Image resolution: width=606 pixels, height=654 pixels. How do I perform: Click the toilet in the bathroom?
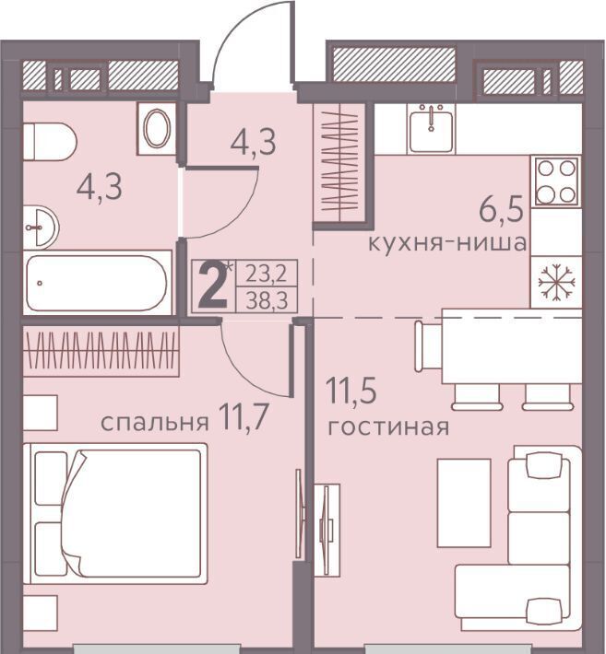click(49, 142)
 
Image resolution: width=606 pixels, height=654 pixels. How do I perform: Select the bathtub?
click(98, 283)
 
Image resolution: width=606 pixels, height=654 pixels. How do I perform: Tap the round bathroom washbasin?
click(41, 228)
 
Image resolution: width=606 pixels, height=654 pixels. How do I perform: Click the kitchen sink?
click(431, 128)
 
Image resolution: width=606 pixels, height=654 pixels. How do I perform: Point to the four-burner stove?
click(556, 181)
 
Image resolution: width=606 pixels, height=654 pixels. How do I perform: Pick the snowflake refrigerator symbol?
click(557, 283)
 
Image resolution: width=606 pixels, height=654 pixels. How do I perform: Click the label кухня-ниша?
click(446, 243)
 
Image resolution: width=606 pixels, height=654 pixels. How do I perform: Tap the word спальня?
click(155, 423)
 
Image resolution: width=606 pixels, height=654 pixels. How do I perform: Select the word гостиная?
click(388, 427)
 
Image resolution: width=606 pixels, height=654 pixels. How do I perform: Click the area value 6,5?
click(501, 209)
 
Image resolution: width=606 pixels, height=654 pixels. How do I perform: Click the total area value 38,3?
click(267, 300)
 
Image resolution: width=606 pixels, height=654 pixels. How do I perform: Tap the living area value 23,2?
click(267, 274)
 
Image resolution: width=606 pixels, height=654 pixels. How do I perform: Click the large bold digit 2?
click(212, 286)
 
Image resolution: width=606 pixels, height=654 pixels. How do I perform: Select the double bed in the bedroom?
click(115, 513)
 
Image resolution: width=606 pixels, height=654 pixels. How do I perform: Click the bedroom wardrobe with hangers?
click(101, 351)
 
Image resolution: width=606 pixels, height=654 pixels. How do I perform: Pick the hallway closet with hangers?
click(340, 163)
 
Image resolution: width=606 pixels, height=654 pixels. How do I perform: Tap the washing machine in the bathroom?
click(156, 128)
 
